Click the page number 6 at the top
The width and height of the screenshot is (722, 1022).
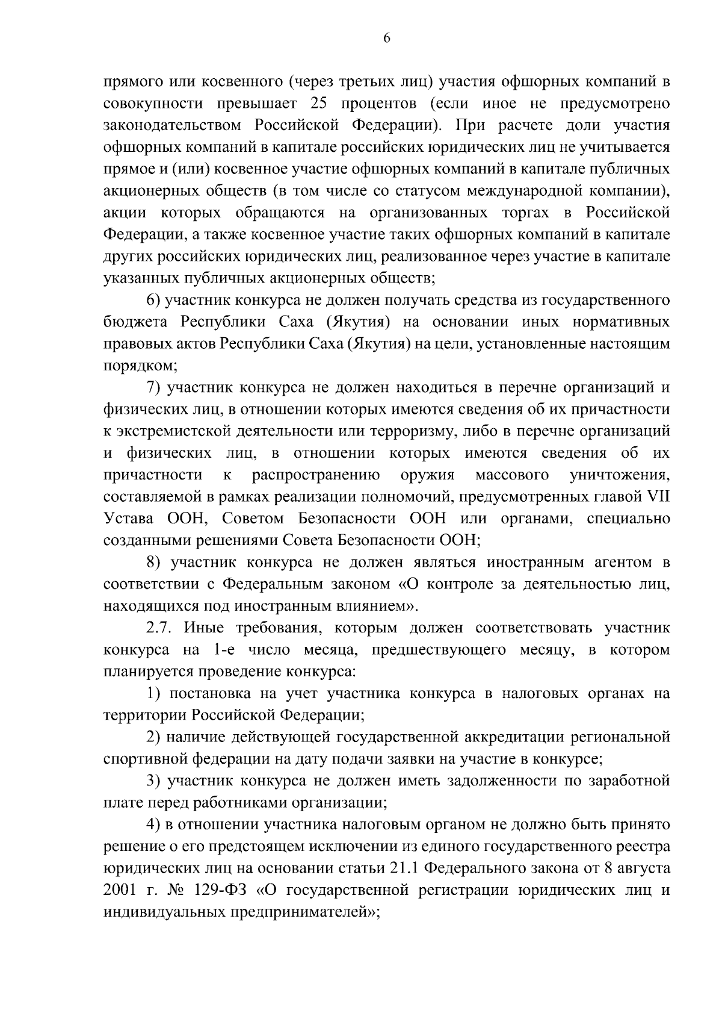coord(386,38)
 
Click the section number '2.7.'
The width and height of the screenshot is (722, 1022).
coord(160,628)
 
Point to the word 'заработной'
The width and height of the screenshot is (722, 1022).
coord(631,782)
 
